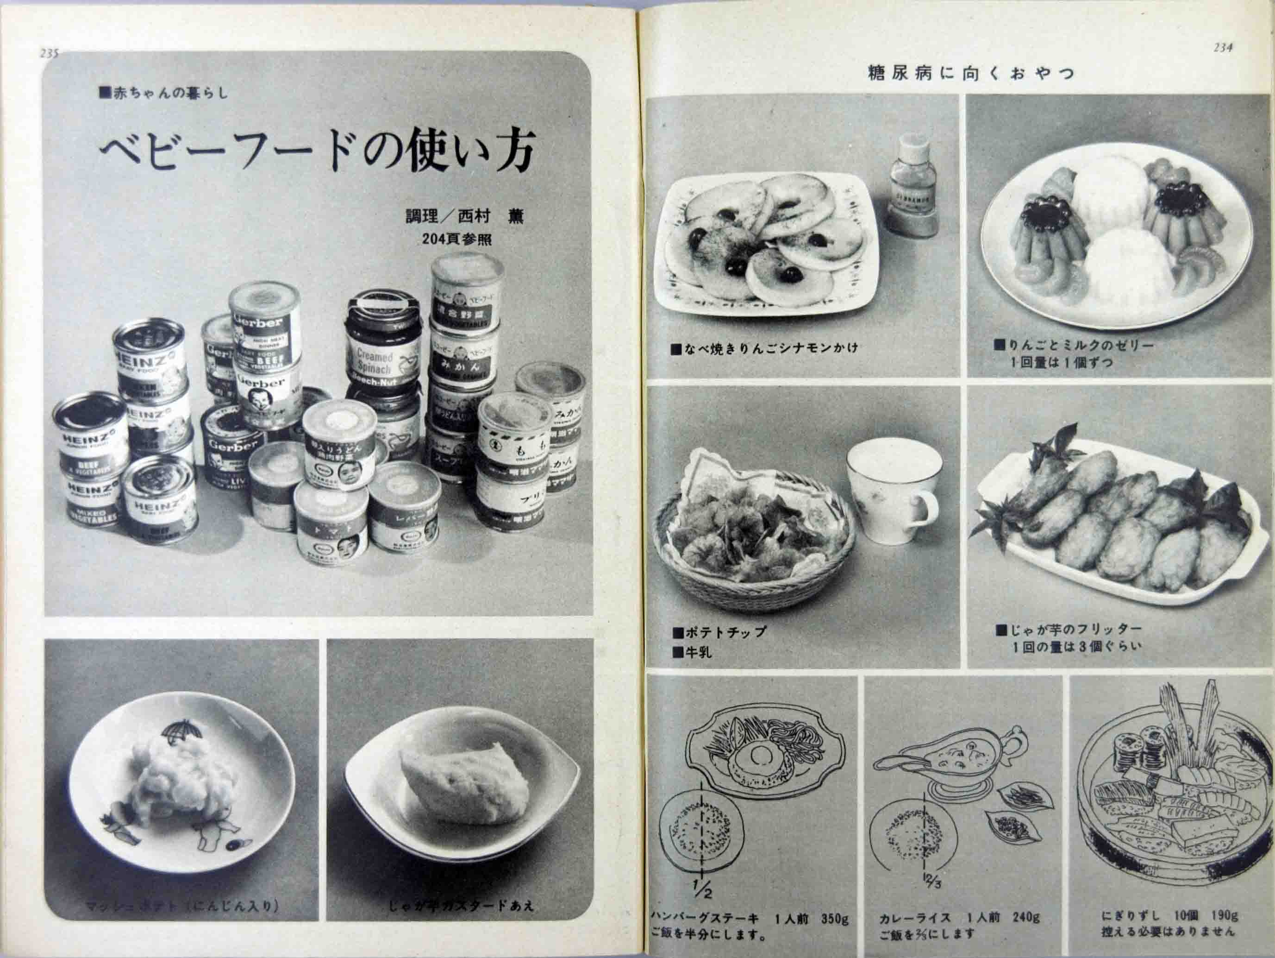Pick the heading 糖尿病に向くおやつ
coord(971,74)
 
